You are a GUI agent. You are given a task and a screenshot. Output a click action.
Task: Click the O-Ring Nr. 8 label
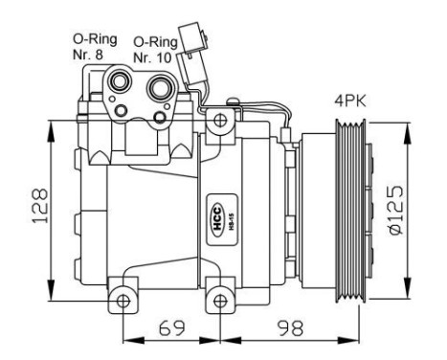(96, 46)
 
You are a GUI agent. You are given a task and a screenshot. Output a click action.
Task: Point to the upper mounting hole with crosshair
(220, 121)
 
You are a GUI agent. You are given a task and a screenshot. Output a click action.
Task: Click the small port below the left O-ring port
(121, 112)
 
